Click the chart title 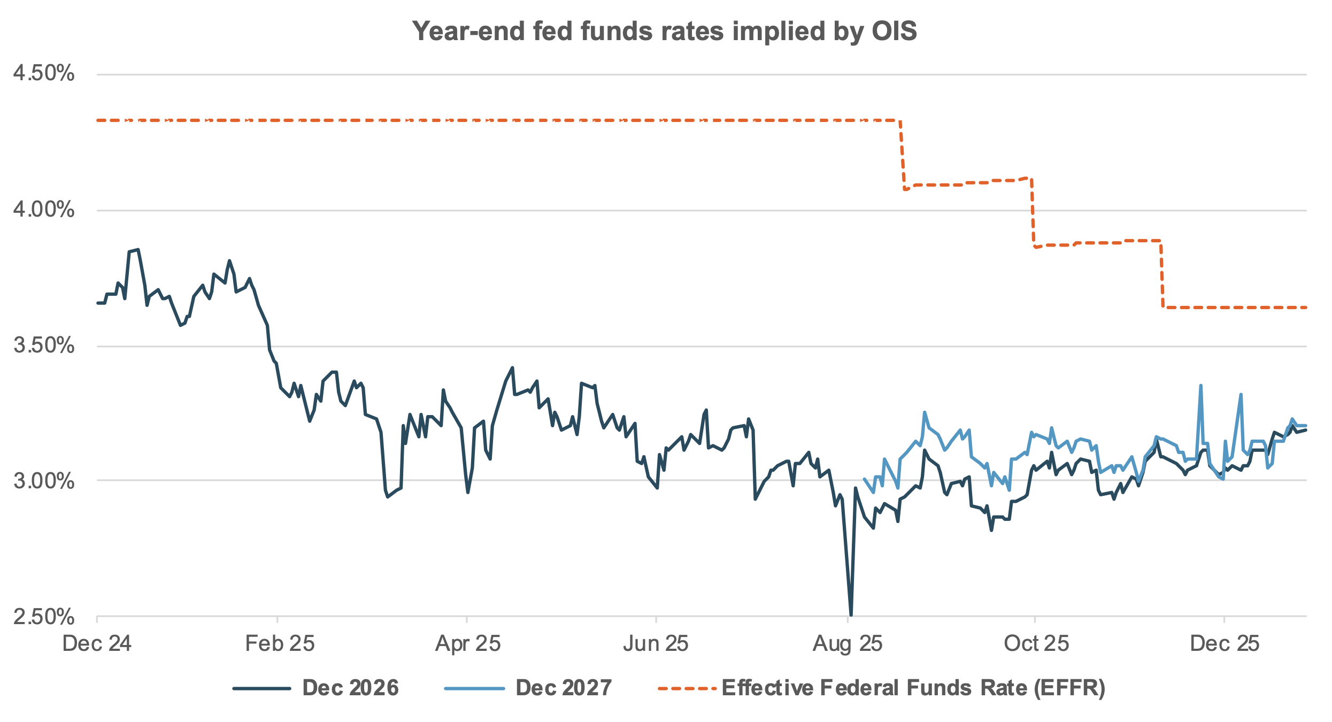(x=665, y=31)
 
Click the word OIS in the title (x=894, y=31)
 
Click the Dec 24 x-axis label (x=97, y=643)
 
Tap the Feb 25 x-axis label (x=280, y=643)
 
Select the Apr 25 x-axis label (x=468, y=643)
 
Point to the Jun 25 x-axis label (x=656, y=643)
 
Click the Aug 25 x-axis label (x=848, y=643)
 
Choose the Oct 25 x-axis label (x=1036, y=643)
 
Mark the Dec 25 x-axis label (x=1225, y=643)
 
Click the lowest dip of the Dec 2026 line (x=851, y=614)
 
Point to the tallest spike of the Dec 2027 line (x=1200, y=386)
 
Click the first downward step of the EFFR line (x=902, y=155)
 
